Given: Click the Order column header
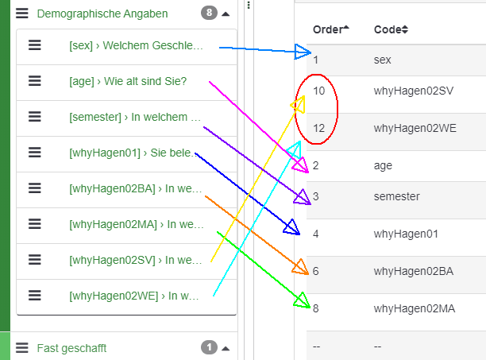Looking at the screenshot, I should [x=330, y=29].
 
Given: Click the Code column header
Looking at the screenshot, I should [x=391, y=29].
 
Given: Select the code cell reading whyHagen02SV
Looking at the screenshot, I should [x=413, y=91].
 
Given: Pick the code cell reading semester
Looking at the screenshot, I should [x=397, y=196].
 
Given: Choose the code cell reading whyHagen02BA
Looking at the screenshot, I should [x=413, y=271].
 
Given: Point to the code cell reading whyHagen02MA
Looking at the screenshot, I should [x=413, y=308].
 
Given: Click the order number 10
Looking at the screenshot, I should [x=318, y=91].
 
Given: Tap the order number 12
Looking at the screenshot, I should [x=318, y=128].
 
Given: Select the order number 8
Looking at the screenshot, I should [x=316, y=308].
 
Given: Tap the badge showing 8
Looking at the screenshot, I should [x=209, y=14].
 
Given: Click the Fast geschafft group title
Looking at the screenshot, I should [x=71, y=348].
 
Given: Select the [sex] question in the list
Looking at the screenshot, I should [x=136, y=46].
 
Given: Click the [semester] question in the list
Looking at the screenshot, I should [x=135, y=117].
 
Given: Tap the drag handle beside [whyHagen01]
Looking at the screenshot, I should [x=35, y=153].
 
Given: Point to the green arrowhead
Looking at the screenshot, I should [x=302, y=300].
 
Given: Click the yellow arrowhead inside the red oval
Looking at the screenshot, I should [x=298, y=104].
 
